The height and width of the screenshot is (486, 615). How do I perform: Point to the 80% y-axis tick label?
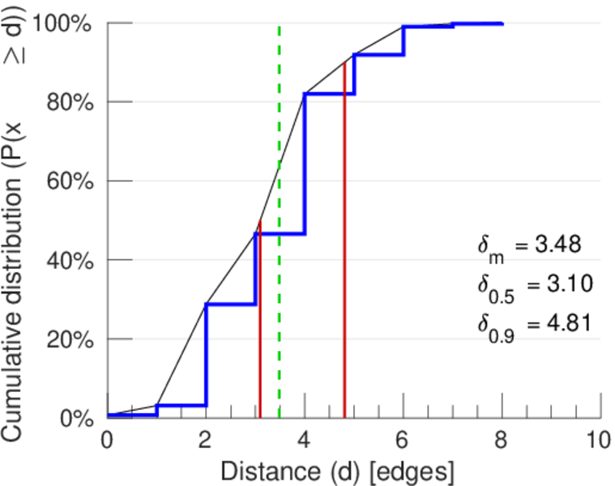tap(71, 102)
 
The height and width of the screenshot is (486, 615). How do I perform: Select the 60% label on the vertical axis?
tap(71, 181)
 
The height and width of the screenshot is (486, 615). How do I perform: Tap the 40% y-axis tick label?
tap(71, 260)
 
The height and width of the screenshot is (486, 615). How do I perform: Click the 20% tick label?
tap(71, 339)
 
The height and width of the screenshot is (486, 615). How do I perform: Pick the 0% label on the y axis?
tap(77, 418)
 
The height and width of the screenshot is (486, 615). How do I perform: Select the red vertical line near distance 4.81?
tap(344, 243)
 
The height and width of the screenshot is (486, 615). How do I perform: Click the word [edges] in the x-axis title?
tap(414, 470)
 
